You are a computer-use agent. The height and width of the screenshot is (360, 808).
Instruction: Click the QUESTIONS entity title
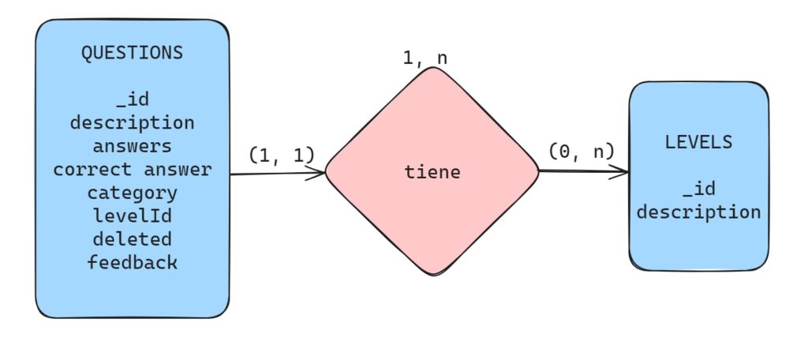(x=132, y=53)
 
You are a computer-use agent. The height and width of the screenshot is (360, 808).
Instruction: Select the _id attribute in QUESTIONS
(x=132, y=100)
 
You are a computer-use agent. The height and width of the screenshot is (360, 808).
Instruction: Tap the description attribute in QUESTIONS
(x=132, y=123)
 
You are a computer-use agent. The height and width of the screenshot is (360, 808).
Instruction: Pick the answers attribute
(x=132, y=146)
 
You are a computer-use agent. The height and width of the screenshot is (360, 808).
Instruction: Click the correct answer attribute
(x=132, y=169)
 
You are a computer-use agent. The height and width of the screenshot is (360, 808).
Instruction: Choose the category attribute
(x=132, y=193)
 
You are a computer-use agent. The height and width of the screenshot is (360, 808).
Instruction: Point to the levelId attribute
(x=132, y=216)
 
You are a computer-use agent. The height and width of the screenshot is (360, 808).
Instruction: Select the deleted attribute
(x=132, y=238)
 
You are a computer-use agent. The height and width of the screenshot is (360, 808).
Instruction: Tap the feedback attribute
(x=132, y=262)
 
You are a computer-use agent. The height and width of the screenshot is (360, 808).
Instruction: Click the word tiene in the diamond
(x=432, y=172)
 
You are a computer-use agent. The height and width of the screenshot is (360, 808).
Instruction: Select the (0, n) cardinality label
(x=581, y=150)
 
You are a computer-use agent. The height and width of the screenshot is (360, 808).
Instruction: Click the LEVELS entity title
(x=698, y=143)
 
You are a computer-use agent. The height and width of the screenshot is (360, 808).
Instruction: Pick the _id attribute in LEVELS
(x=698, y=189)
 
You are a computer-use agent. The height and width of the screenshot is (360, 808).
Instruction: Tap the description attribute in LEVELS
(x=698, y=212)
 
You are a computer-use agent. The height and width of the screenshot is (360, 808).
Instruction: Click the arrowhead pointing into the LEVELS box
(x=625, y=171)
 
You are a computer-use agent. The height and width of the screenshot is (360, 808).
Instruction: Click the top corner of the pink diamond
(x=433, y=69)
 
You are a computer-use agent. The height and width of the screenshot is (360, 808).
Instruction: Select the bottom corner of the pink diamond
(x=433, y=274)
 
